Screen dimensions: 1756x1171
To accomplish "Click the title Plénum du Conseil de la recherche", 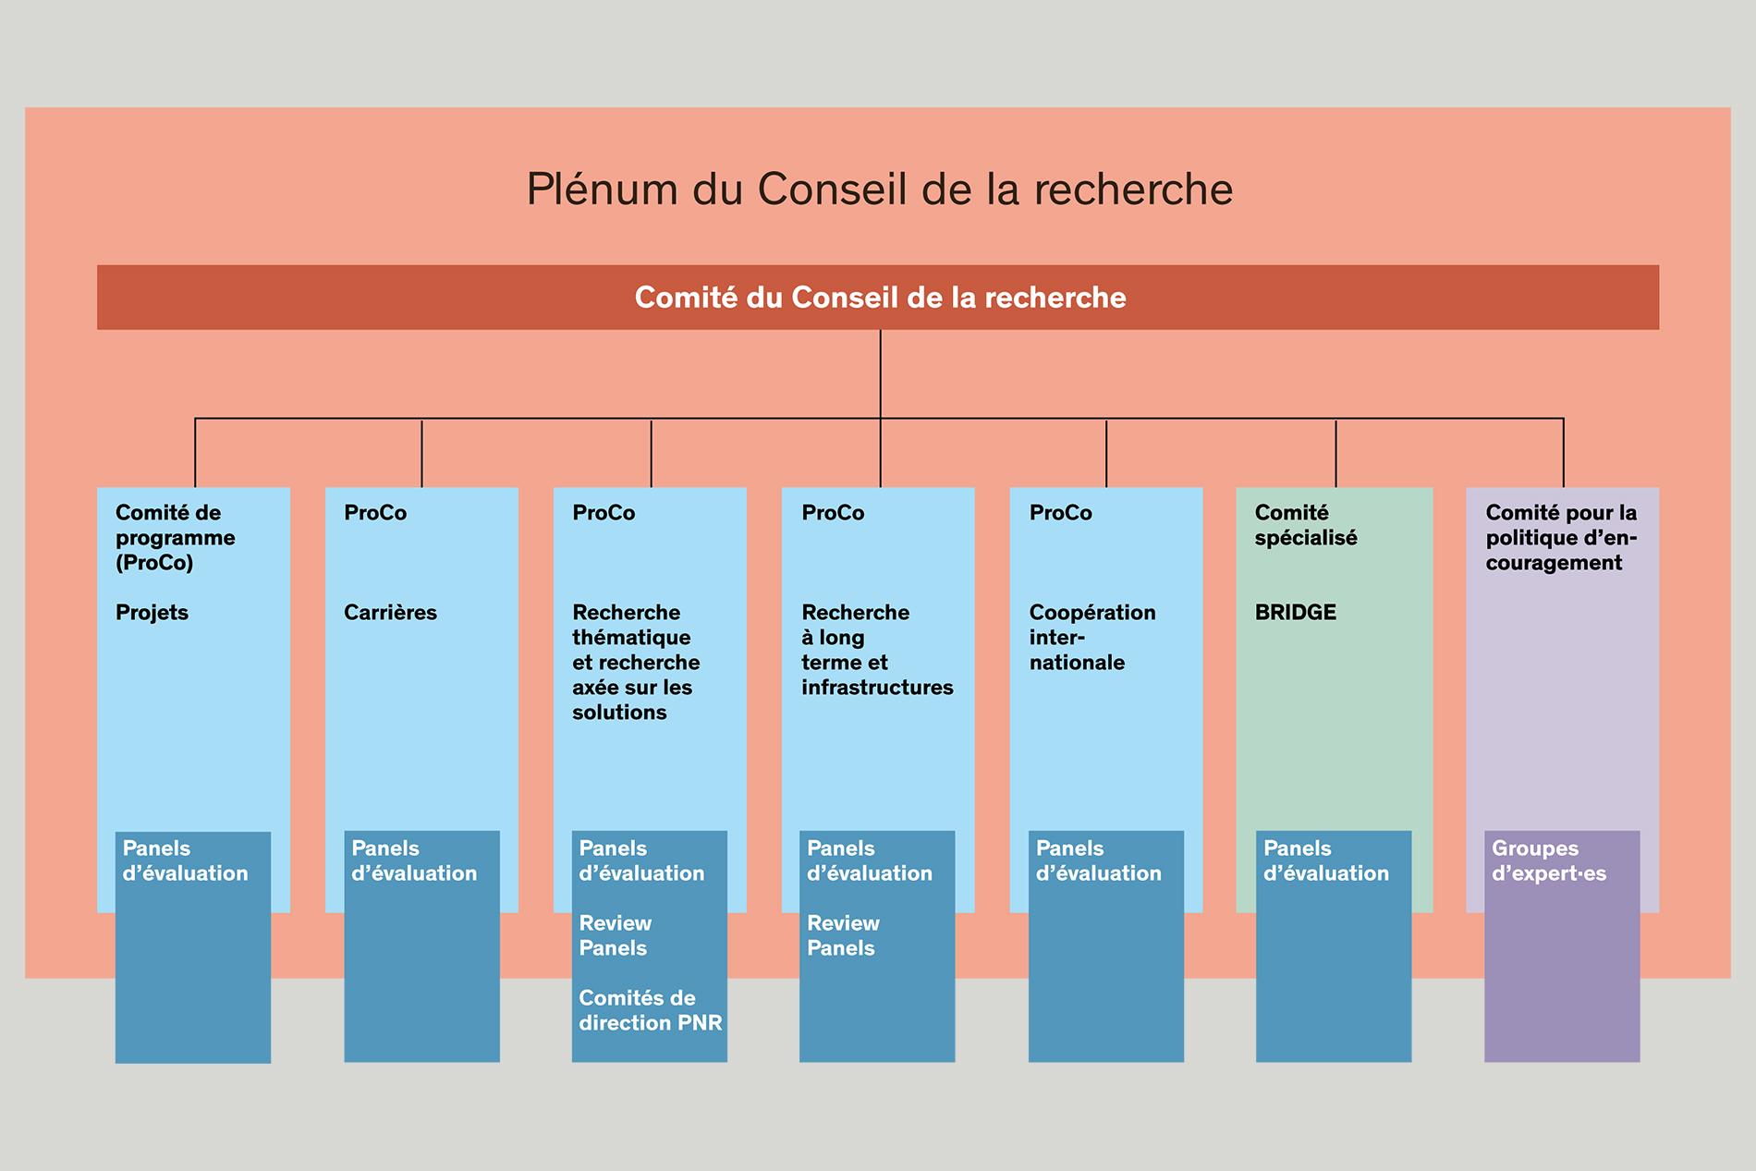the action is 879,189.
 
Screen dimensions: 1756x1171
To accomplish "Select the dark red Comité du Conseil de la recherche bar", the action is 878,298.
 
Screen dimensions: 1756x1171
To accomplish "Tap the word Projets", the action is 152,613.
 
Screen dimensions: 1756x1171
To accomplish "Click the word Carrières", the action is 390,612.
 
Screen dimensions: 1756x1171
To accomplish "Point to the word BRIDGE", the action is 1295,612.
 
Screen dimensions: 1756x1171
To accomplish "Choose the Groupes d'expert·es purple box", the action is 1562,946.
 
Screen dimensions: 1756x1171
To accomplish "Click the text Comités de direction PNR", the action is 650,1010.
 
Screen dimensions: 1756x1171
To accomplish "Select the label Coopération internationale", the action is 1092,637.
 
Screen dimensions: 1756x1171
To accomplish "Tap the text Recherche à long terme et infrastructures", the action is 877,650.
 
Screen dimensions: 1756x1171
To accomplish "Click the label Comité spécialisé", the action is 1306,525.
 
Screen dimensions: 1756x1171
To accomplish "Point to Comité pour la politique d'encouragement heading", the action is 1561,538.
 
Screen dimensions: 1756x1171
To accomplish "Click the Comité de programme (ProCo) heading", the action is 175,538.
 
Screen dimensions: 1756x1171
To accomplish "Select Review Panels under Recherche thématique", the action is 615,935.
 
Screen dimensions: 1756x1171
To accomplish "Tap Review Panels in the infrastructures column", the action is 843,935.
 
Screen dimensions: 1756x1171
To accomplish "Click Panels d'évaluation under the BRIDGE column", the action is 1326,860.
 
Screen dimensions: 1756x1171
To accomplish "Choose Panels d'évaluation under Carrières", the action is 414,860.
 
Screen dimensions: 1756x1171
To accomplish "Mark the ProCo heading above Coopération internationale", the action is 1061,513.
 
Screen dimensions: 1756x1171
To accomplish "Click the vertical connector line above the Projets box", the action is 195,453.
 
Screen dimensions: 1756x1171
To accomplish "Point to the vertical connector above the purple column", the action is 1564,453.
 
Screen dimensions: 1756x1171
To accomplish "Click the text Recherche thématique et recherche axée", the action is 636,650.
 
